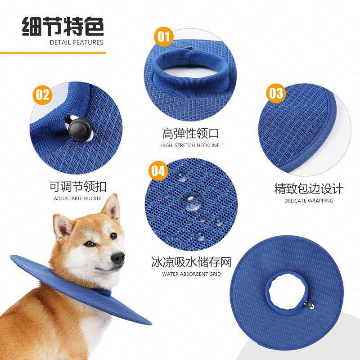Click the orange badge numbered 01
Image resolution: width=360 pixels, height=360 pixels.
[163, 36]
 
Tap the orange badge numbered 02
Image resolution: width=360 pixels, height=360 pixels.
[42, 95]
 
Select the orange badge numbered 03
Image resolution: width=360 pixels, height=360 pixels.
[276, 93]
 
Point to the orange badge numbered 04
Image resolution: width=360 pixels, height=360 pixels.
[157, 171]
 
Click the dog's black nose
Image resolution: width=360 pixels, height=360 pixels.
[117, 257]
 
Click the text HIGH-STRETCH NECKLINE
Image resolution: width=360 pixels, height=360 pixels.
[190, 145]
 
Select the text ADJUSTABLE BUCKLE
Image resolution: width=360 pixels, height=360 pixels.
[78, 198]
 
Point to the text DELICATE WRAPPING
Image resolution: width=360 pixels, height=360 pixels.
[309, 201]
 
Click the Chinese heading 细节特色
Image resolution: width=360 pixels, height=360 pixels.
[63, 27]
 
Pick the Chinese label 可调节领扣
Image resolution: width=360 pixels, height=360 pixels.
[78, 186]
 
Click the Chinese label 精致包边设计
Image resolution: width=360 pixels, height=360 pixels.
[309, 188]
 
